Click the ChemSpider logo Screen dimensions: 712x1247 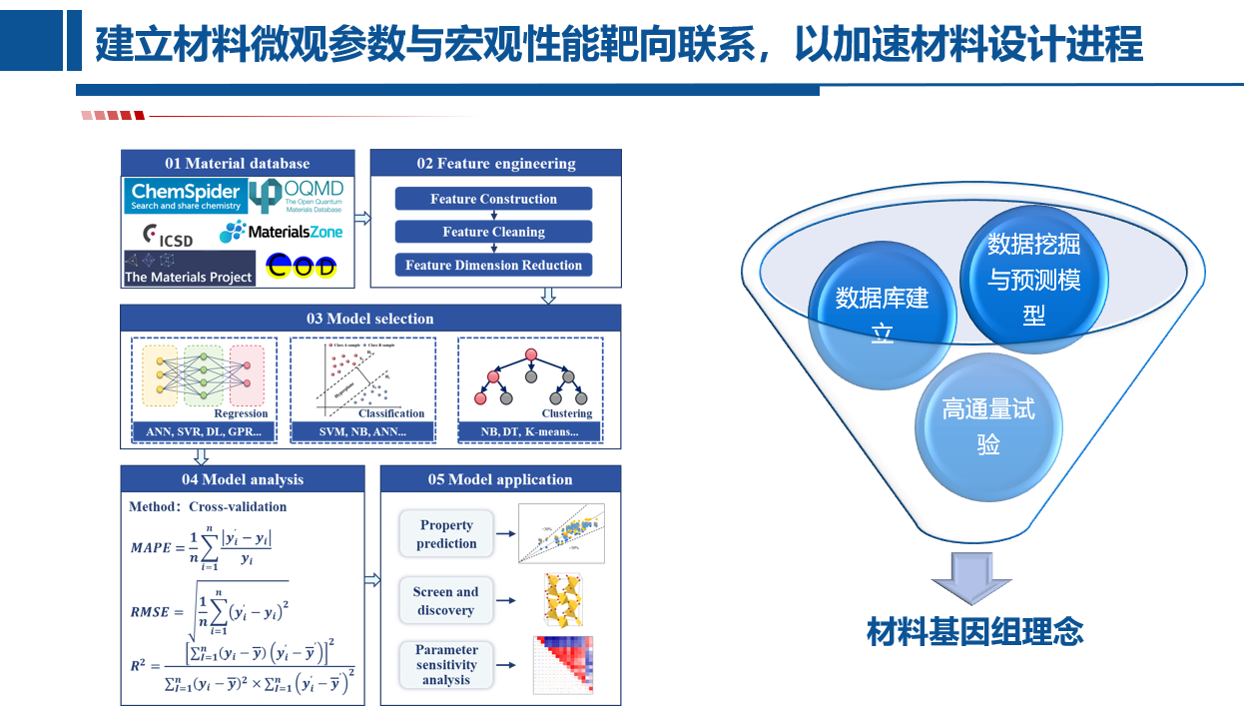click(x=186, y=196)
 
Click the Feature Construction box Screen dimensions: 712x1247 click(x=493, y=199)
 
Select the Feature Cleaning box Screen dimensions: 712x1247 click(x=493, y=232)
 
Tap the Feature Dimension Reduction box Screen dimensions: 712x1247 click(x=493, y=265)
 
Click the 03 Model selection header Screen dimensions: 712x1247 click(x=370, y=319)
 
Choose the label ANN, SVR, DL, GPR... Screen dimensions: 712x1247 click(x=203, y=432)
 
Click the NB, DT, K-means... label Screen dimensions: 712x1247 click(x=529, y=432)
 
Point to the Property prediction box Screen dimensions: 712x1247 click(x=446, y=534)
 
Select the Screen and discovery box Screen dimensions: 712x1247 click(x=446, y=601)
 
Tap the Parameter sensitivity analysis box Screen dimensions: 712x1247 click(x=446, y=664)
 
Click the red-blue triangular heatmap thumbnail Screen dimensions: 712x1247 click(x=563, y=664)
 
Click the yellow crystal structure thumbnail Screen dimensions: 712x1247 click(x=562, y=599)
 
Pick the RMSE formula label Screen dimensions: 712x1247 click(x=151, y=612)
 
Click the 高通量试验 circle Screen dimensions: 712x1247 click(x=988, y=426)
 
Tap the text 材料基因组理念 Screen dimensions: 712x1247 click(x=974, y=632)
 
